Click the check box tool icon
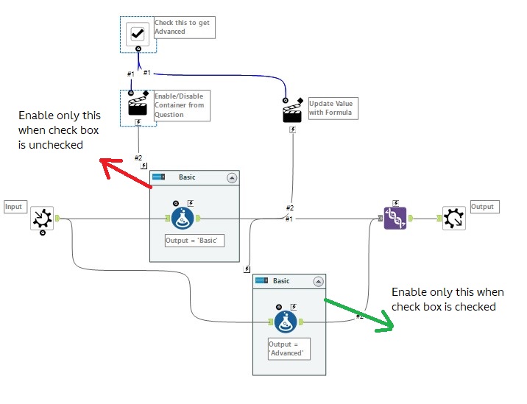coord(138,33)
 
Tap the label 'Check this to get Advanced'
coord(182,27)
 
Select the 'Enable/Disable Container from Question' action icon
coord(138,106)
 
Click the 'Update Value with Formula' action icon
coord(292,112)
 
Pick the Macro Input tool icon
coord(42,219)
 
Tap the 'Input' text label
coord(14,207)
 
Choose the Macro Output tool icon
coord(454,218)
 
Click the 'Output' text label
coord(483,207)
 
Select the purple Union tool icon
coord(395,218)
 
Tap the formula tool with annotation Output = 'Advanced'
coord(286,322)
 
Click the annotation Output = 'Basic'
coord(194,241)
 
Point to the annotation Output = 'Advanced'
coord(288,348)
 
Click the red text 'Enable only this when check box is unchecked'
coord(60,130)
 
